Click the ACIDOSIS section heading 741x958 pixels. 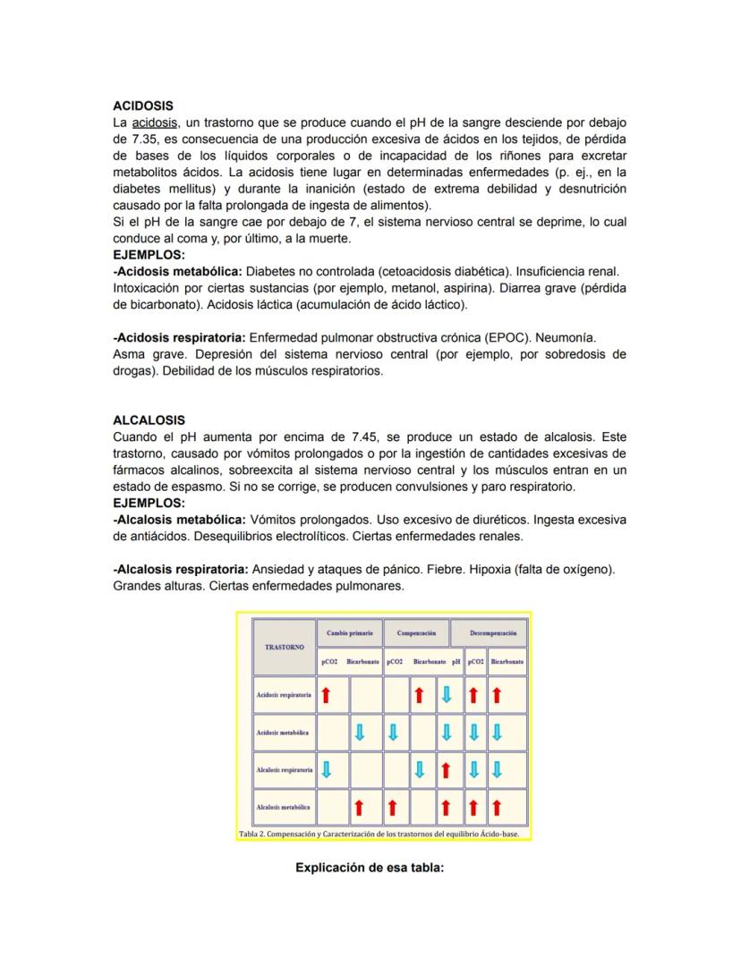(143, 106)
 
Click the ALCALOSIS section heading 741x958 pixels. (149, 420)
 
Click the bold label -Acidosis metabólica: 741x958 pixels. (178, 271)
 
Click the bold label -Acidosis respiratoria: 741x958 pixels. (179, 338)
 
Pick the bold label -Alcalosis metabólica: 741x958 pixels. (180, 520)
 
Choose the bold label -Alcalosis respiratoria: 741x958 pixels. (181, 569)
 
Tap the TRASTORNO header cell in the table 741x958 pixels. (285, 646)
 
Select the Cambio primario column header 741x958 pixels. (350, 632)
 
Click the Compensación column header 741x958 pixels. (416, 632)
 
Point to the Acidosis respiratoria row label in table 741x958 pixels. (284, 694)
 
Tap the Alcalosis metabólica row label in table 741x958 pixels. (283, 807)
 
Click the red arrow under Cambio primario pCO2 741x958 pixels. (327, 694)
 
